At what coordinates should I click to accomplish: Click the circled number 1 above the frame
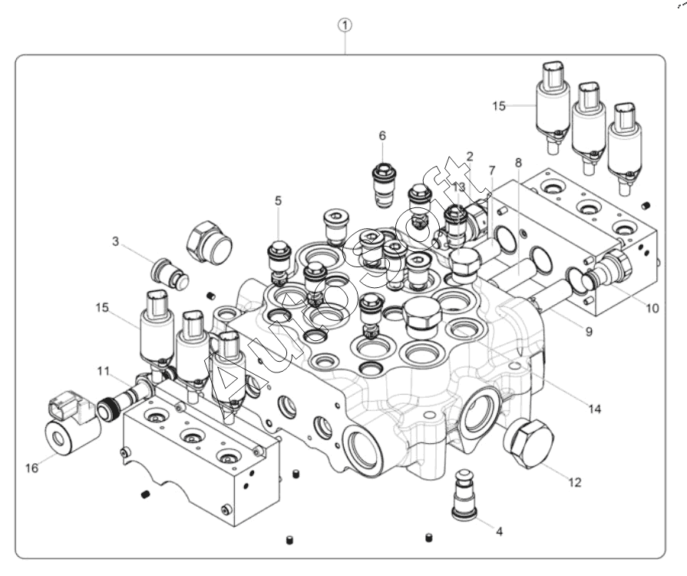[346, 25]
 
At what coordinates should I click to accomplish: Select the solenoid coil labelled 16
[71, 426]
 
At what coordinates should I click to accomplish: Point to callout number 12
[575, 482]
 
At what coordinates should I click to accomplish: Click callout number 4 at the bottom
[500, 530]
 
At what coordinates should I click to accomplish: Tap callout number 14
[594, 409]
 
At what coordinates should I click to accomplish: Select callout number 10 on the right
[652, 309]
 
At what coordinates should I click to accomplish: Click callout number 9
[589, 332]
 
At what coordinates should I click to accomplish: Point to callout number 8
[518, 163]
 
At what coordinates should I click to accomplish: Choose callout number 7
[492, 170]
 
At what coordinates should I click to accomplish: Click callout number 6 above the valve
[382, 135]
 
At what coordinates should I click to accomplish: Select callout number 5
[279, 200]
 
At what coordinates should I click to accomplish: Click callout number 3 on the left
[116, 241]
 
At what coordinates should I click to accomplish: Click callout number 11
[104, 370]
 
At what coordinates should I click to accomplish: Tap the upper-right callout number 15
[500, 106]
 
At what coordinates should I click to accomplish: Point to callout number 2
[470, 156]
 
